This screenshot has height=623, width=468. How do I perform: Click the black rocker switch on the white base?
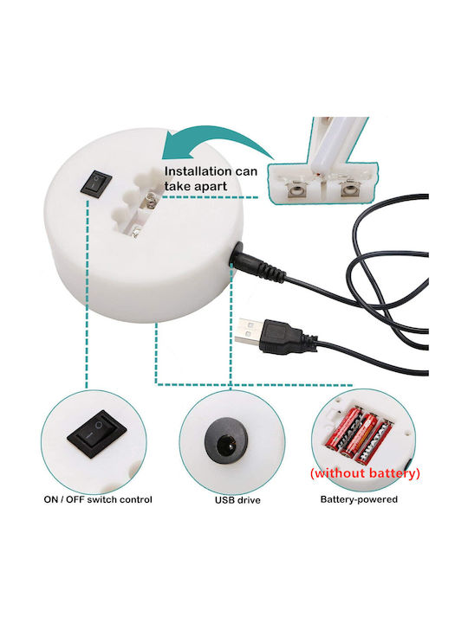click(96, 184)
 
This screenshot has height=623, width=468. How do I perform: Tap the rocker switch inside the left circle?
click(96, 434)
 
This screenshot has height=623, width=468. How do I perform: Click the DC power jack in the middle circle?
click(226, 440)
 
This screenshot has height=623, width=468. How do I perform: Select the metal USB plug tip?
click(249, 331)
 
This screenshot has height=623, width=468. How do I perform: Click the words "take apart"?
click(195, 186)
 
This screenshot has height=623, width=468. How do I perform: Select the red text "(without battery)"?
click(365, 472)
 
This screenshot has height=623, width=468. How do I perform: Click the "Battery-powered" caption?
click(359, 499)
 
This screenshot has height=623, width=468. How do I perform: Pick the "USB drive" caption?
click(237, 500)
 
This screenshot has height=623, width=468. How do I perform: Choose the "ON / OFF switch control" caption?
click(98, 499)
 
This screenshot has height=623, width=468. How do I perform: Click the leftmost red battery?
click(345, 428)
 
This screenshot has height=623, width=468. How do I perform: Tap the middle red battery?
click(359, 435)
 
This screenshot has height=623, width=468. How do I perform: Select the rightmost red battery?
click(374, 442)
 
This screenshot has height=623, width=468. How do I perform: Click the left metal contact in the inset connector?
click(297, 190)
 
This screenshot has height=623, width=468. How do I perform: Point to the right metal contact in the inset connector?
click(349, 189)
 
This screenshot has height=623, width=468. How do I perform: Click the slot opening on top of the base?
click(137, 202)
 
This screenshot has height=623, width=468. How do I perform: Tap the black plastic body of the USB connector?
click(282, 337)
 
